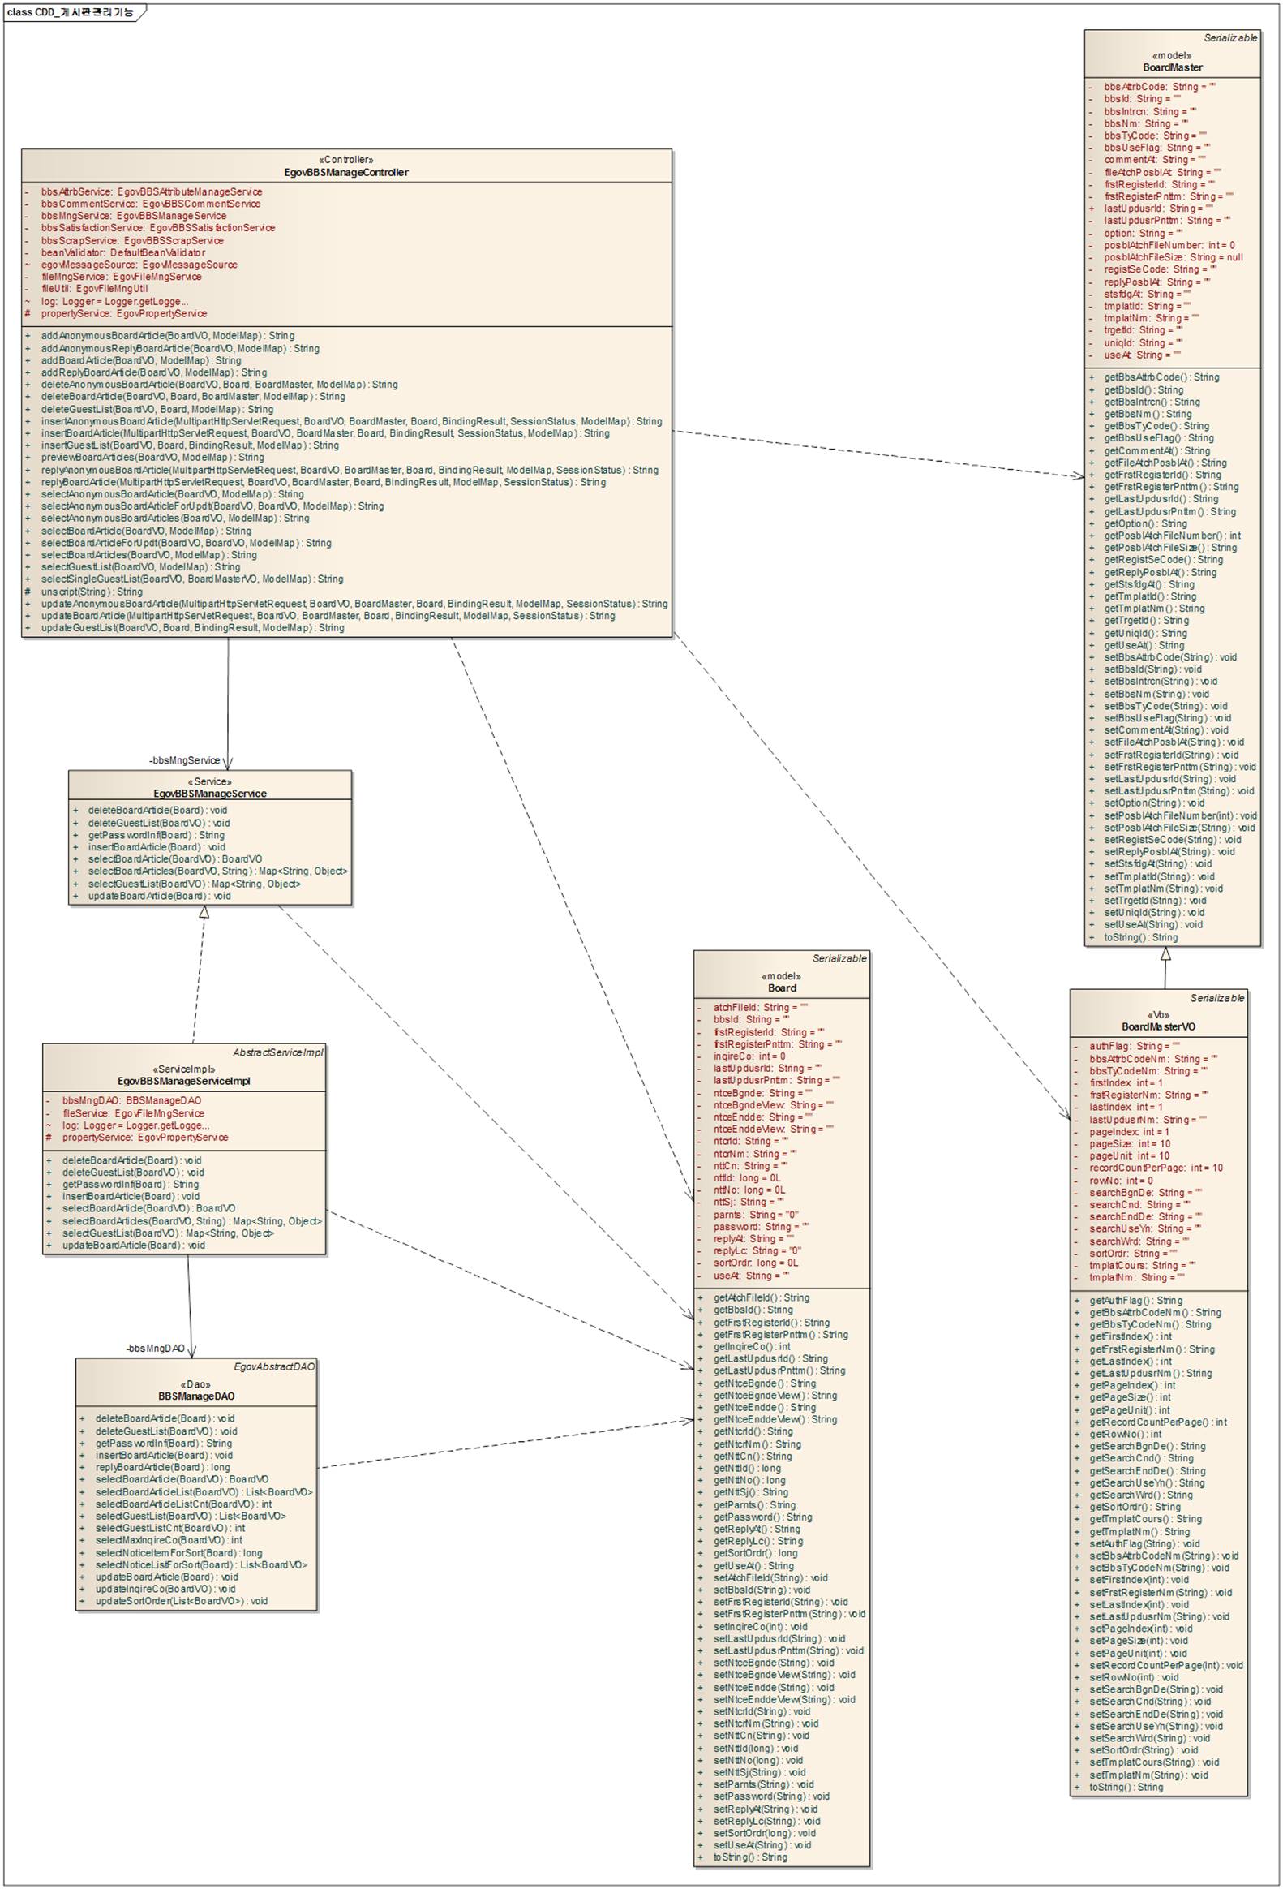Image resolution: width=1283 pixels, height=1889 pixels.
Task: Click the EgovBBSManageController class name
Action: coord(346,172)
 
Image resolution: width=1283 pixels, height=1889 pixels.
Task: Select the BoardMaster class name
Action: coord(1172,67)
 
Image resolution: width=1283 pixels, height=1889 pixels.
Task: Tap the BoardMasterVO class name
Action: coord(1158,1026)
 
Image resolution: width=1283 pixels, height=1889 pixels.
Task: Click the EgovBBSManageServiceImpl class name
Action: coord(183,1081)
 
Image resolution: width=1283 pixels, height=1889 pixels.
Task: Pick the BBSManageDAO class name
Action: coord(195,1396)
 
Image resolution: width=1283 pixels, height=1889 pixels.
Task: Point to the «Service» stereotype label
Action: coord(209,781)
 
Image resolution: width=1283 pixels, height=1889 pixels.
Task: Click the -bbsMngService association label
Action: coord(184,761)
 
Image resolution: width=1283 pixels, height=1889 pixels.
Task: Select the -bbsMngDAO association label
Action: coord(155,1349)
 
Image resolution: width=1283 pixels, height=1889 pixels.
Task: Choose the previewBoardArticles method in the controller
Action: coord(152,458)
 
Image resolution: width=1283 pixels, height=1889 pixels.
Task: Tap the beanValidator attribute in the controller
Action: coord(122,252)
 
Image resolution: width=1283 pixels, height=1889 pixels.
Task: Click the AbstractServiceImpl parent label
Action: coord(277,1052)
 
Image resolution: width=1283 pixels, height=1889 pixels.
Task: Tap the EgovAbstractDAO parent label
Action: coord(274,1367)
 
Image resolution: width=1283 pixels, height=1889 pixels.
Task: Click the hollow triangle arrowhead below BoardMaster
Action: coord(1165,954)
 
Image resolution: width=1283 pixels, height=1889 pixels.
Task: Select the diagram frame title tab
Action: coord(71,12)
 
